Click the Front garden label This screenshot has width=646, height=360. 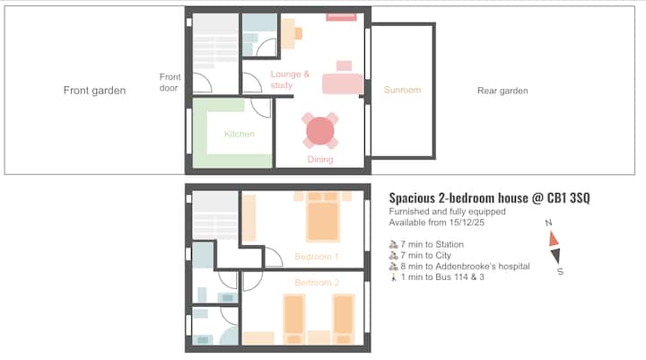click(94, 91)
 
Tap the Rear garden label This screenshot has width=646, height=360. click(502, 91)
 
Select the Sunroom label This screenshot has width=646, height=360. click(402, 90)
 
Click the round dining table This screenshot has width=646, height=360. click(319, 131)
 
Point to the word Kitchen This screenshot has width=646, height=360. click(239, 135)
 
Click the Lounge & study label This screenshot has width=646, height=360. click(290, 80)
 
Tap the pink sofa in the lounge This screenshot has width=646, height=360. click(342, 83)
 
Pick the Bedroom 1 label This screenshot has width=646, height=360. click(317, 258)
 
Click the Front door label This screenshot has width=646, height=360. click(170, 83)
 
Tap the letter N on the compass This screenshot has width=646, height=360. click(546, 223)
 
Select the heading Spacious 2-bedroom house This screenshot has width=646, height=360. click(488, 198)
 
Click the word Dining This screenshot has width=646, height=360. click(320, 160)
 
